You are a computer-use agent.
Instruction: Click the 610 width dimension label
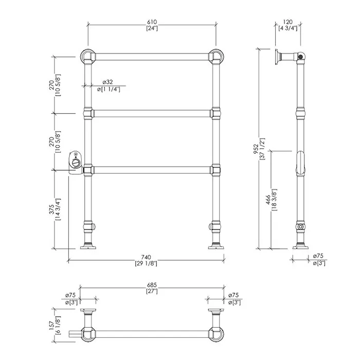pos(152,22)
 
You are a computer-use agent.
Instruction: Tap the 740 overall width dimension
pos(146,257)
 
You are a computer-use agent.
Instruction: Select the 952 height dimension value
pos(256,149)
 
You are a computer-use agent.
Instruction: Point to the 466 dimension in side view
pos(268,200)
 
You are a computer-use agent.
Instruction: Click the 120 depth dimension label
pos(287,22)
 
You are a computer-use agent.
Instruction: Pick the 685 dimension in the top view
pos(152,285)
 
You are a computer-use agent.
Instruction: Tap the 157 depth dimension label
pos(51,325)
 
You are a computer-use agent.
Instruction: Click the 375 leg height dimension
pos(51,209)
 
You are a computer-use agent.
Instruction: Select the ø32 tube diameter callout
pos(107,82)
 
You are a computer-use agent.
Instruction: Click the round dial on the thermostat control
pos(76,163)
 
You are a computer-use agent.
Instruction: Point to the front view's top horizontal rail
pos(152,57)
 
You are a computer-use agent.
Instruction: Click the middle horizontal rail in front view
pos(152,114)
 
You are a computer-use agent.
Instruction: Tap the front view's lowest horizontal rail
pos(152,170)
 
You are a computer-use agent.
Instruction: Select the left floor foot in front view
pos(88,246)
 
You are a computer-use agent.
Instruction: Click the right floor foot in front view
pos(216,246)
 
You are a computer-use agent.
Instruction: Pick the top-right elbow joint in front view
pos(216,57)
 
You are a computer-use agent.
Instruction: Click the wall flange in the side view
pos(278,57)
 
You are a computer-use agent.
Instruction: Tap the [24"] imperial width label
pos(152,28)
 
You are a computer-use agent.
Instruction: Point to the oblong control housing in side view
pos(300,163)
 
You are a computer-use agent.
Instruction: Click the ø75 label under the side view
pos(318,256)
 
